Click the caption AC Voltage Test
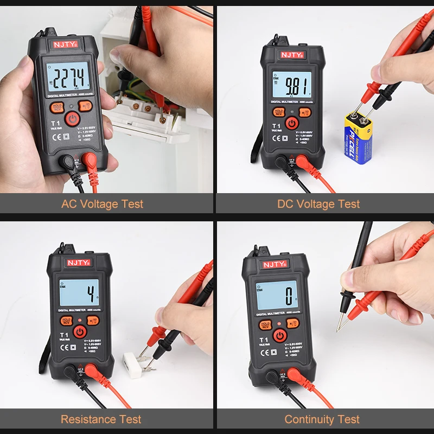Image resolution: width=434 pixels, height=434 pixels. tap(102, 205)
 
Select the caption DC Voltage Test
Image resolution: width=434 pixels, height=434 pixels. tap(318, 205)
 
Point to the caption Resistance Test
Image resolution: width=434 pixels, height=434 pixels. tap(101, 419)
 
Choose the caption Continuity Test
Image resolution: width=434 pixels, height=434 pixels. tap(322, 419)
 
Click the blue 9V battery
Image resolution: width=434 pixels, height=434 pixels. tap(358, 138)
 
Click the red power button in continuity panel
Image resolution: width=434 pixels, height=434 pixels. tap(280, 335)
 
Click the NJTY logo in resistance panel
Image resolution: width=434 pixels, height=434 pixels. tap(80, 263)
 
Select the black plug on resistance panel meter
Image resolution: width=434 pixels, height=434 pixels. tap(70, 372)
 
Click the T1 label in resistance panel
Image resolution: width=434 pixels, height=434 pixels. tap(63, 335)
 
